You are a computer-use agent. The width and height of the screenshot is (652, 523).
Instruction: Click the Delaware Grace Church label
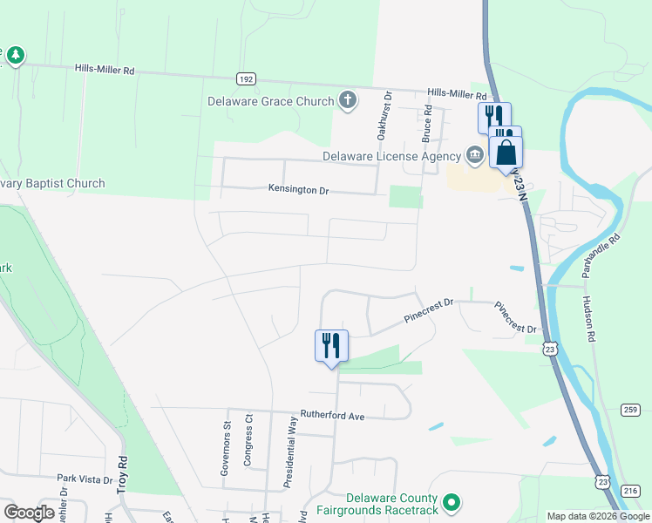(270, 101)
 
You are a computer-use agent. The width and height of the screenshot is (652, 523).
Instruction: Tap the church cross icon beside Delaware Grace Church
(348, 100)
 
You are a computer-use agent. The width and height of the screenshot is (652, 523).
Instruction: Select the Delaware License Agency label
(391, 156)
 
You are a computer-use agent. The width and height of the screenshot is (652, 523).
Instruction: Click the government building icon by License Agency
(474, 156)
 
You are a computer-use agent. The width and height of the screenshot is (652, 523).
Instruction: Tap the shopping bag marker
(506, 153)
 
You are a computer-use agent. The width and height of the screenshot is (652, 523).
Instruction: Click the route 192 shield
(247, 78)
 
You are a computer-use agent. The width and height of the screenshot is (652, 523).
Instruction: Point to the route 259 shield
(632, 410)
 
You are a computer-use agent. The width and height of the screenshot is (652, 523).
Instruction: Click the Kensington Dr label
(298, 189)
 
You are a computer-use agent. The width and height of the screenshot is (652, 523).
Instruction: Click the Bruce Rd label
(427, 124)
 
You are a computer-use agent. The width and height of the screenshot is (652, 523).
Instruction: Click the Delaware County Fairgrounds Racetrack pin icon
(452, 503)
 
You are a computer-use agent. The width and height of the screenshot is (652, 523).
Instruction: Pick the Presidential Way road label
(290, 452)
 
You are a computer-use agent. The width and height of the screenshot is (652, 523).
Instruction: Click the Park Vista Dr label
(85, 479)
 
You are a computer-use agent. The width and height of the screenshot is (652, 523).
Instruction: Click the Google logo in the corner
(29, 513)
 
